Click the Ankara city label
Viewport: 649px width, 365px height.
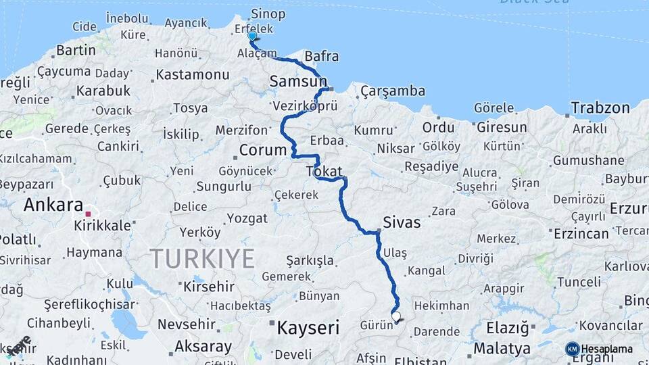click(x=53, y=205)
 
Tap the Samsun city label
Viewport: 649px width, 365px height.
click(x=297, y=81)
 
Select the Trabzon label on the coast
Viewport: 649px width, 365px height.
click(x=600, y=107)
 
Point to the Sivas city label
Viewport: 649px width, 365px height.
click(x=401, y=222)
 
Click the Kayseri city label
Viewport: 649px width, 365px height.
click(x=308, y=328)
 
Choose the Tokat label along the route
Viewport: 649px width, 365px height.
click(x=324, y=172)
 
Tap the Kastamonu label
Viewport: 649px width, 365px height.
click(x=193, y=74)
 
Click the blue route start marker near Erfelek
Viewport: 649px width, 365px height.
click(x=252, y=36)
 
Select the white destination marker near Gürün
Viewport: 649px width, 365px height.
click(x=396, y=316)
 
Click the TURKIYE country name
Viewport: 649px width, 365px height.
click(x=201, y=258)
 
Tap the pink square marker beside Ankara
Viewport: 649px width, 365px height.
click(x=88, y=214)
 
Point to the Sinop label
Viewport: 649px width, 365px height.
click(x=268, y=14)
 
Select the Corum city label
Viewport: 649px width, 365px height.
click(x=263, y=149)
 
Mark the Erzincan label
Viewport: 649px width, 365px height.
click(x=581, y=233)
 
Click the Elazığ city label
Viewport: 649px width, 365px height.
click(x=507, y=328)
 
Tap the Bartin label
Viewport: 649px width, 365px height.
click(x=76, y=49)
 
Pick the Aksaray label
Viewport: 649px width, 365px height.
click(x=203, y=346)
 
